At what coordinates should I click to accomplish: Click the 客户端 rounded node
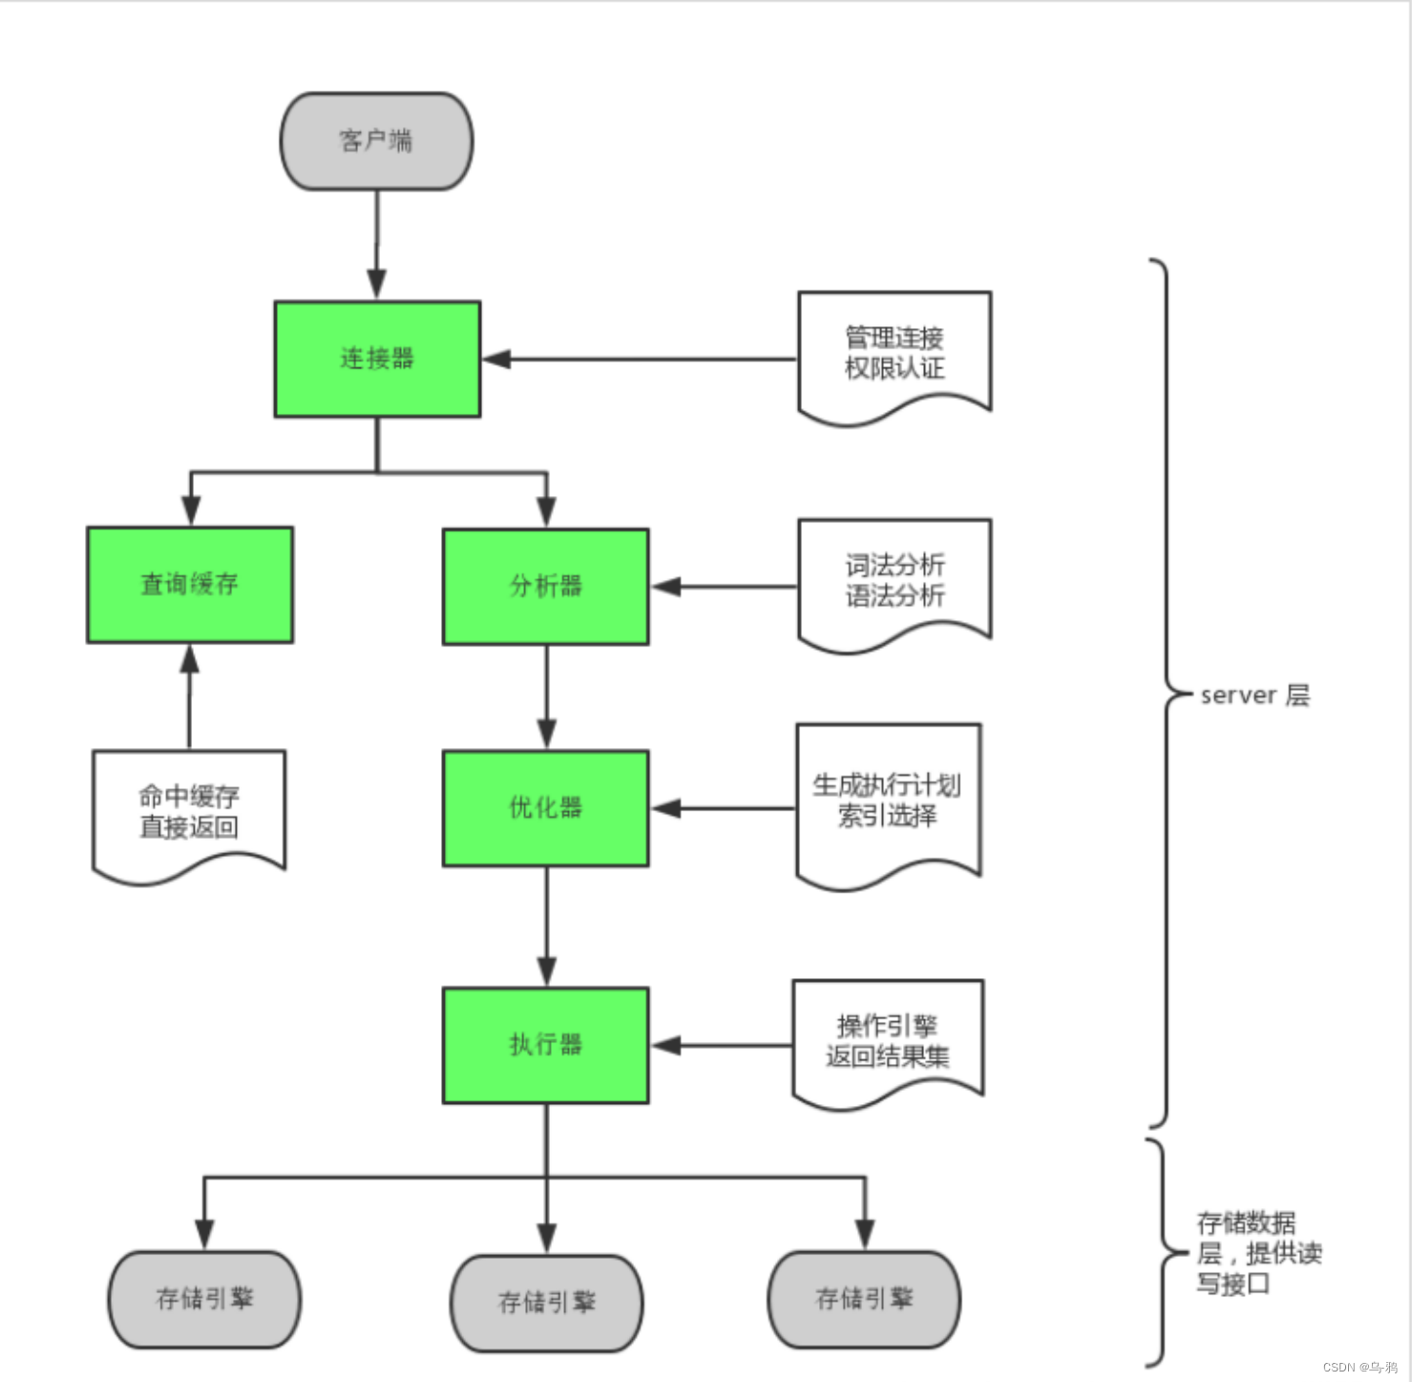[376, 141]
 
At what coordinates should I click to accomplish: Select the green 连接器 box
[377, 359]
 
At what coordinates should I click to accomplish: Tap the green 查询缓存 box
[190, 584]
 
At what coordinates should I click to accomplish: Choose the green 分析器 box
[545, 586]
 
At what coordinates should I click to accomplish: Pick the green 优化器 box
[545, 807]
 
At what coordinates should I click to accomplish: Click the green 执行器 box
[545, 1045]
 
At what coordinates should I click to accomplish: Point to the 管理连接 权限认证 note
[895, 353]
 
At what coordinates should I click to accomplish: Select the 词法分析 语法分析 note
[895, 580]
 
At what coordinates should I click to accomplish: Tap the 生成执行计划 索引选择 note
[888, 800]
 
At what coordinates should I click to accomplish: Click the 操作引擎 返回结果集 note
[888, 1040]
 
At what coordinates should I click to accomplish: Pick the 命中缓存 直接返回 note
[189, 811]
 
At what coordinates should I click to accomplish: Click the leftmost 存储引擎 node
[204, 1299]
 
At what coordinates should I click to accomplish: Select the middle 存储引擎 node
[546, 1303]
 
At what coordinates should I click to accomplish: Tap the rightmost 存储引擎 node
[864, 1299]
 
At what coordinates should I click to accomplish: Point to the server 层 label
[1254, 695]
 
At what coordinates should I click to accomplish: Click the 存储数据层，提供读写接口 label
[1258, 1253]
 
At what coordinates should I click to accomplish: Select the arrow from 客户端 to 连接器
[377, 244]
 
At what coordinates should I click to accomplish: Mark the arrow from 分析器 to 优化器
[546, 697]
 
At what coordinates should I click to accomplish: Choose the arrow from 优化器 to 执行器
[546, 926]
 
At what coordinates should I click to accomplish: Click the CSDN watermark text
[1359, 1367]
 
